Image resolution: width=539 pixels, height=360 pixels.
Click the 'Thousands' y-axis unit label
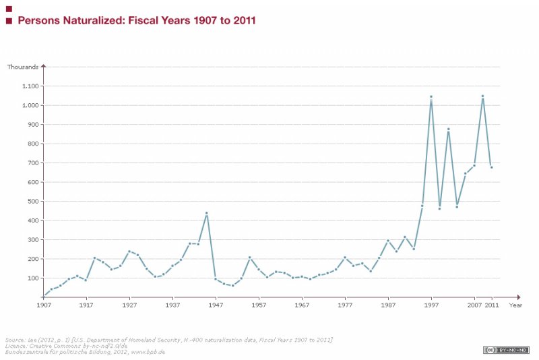[x=23, y=66]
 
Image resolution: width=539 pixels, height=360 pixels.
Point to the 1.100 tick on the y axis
[x=31, y=86]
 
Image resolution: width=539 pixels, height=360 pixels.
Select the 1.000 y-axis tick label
[x=31, y=106]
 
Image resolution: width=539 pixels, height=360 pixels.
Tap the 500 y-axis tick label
[x=33, y=202]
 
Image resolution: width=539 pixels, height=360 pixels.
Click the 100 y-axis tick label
[x=33, y=278]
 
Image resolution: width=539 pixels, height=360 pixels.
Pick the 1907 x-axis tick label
[x=43, y=305]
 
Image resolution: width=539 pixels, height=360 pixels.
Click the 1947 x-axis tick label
[x=216, y=305]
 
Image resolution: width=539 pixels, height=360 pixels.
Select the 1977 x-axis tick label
[x=345, y=305]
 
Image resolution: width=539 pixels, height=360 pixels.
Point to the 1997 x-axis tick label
[x=431, y=305]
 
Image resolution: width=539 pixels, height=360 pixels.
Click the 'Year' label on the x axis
[x=515, y=305]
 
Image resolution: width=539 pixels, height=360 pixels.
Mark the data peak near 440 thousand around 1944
[x=207, y=213]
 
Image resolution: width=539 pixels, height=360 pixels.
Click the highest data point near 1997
[x=431, y=96]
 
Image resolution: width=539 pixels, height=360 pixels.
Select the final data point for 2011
[x=491, y=167]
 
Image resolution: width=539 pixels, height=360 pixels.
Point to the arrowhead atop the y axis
[x=43, y=65]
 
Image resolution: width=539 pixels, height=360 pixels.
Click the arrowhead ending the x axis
[x=519, y=297]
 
